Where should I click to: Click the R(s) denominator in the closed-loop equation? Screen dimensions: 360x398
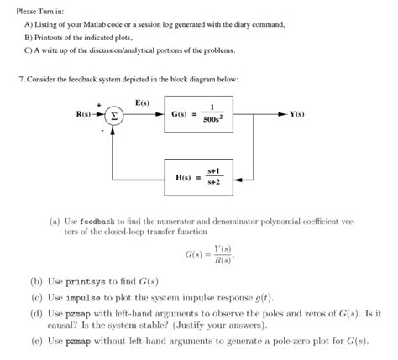coord(222,261)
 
